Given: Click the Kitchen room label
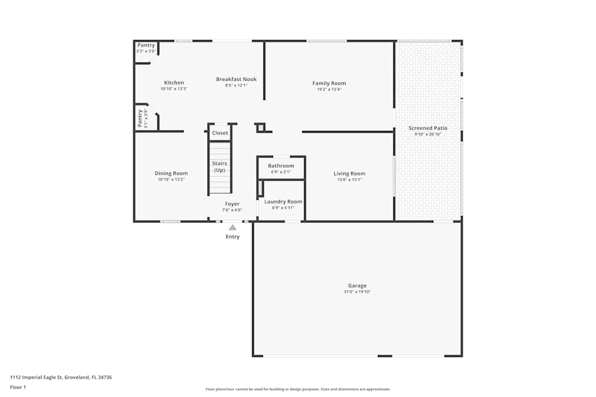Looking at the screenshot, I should point(174,83).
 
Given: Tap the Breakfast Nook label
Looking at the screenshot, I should point(236,79).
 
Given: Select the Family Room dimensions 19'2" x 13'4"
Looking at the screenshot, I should point(329,89).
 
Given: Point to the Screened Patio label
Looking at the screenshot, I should point(427,128).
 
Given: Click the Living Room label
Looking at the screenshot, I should point(349,174).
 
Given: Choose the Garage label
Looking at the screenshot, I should point(358,286).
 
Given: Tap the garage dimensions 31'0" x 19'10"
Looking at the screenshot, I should point(358,292).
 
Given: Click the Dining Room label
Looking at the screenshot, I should point(172,174).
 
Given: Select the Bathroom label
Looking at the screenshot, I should point(281,166).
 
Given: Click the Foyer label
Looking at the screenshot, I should point(232,204).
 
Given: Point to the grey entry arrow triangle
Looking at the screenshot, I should point(232,227).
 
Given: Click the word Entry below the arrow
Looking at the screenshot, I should point(232,237).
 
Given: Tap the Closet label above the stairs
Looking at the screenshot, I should point(220,133).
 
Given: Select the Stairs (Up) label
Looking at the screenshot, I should point(220,167).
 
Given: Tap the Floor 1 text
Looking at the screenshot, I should point(18,387).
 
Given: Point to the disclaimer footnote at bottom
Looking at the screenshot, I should point(298,389).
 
